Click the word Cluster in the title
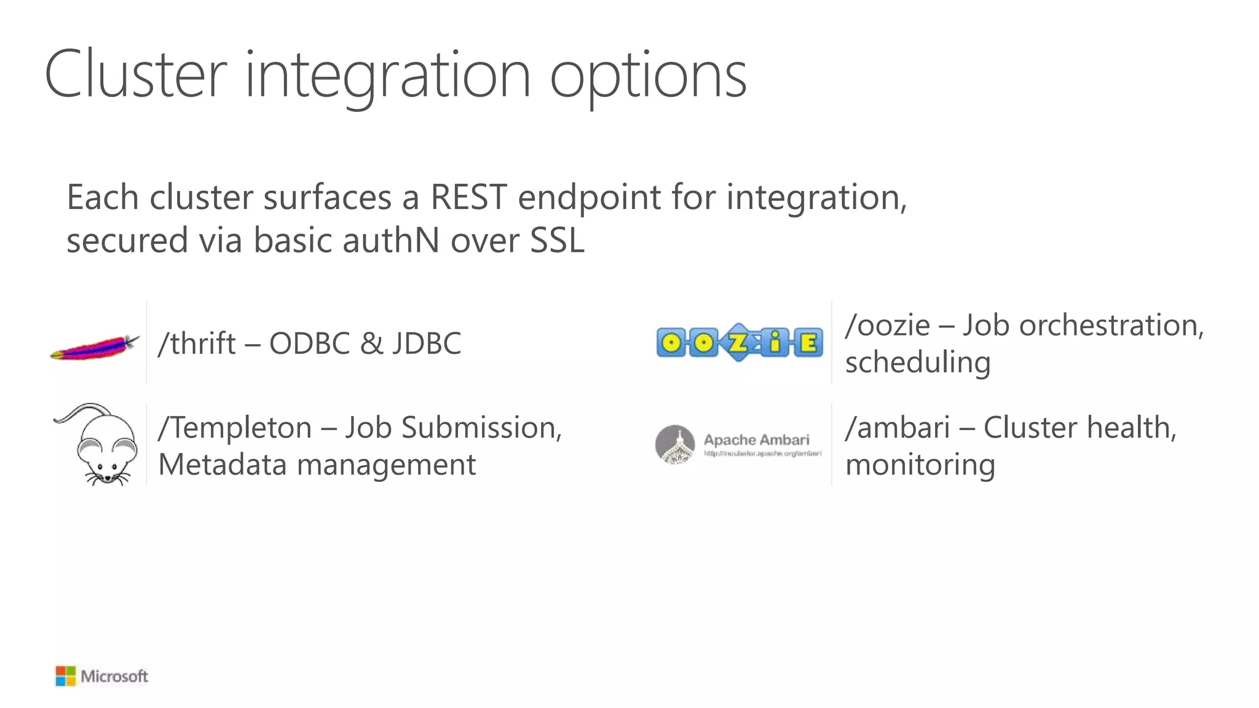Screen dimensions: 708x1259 point(135,75)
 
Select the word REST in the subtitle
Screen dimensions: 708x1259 point(468,198)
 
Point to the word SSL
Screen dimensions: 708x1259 point(556,240)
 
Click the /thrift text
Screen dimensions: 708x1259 point(197,344)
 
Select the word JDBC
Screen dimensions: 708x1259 point(427,344)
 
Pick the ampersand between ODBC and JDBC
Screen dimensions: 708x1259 point(371,344)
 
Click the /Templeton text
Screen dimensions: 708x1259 point(235,428)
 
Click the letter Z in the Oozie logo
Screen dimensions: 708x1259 point(738,343)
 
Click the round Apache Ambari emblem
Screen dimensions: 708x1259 point(675,444)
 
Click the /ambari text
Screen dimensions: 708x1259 point(898,428)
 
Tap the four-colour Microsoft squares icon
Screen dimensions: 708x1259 point(65,676)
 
